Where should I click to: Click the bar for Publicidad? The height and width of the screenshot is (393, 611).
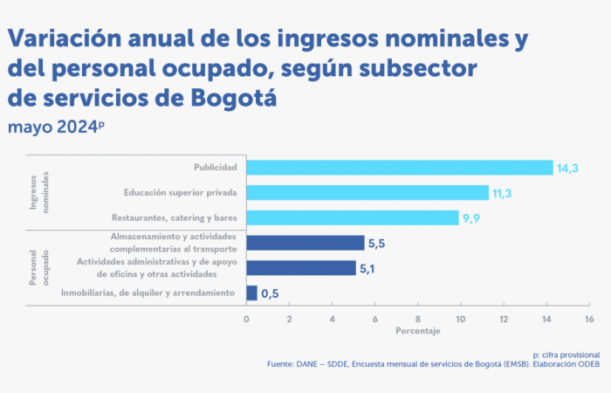tap(400, 168)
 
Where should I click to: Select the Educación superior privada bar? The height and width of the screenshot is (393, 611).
tap(367, 192)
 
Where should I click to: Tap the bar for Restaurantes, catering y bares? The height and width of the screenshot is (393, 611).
tap(353, 217)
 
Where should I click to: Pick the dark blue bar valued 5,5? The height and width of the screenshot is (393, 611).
tap(305, 243)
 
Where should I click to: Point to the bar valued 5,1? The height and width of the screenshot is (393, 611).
tap(301, 268)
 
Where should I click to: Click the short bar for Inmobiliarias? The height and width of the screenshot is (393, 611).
tap(252, 293)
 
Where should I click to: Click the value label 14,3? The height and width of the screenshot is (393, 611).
tap(568, 168)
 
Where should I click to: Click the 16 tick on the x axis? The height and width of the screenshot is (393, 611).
tap(589, 319)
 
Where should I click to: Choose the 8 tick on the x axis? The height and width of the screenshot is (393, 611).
tap(418, 319)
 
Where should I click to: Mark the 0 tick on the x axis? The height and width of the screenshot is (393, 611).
tap(247, 319)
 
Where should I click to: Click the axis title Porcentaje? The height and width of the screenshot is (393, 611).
tap(417, 332)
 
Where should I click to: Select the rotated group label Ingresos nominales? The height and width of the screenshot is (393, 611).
tap(41, 192)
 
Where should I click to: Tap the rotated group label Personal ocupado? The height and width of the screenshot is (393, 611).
tap(41, 268)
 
